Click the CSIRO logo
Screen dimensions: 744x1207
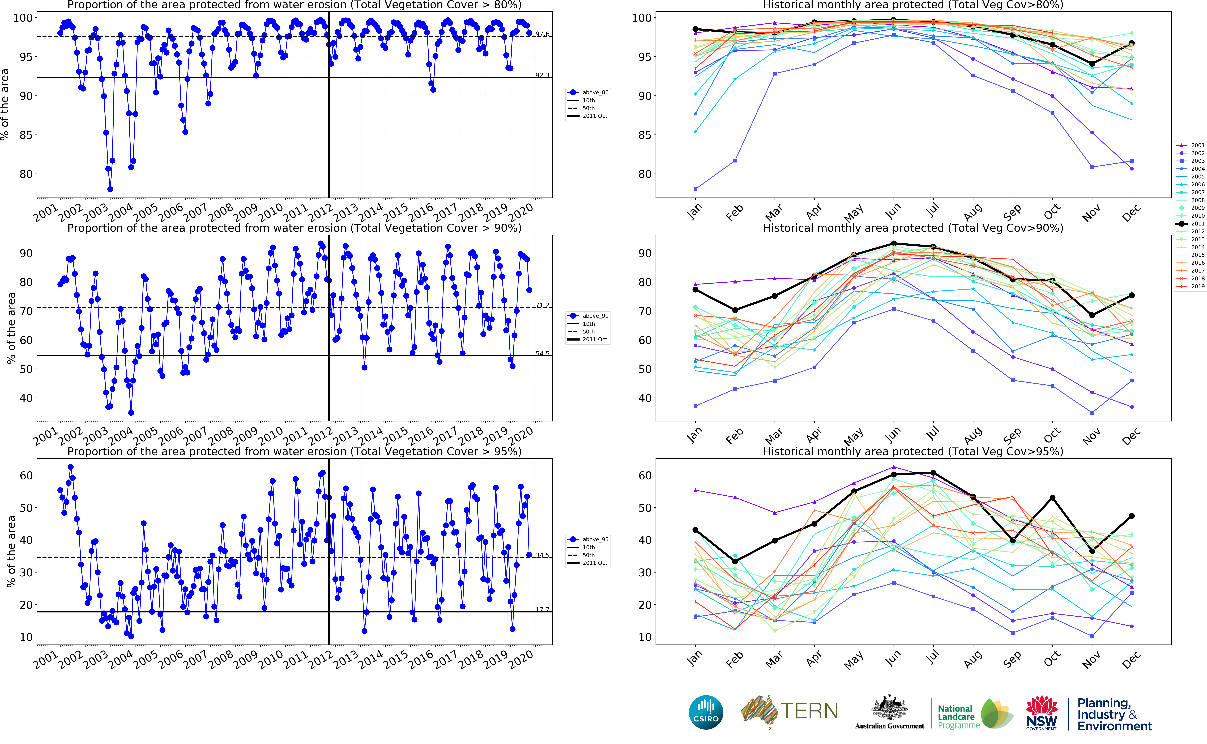706,712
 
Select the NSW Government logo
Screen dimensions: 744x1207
1041,712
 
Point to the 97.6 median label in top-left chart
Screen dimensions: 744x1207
542,34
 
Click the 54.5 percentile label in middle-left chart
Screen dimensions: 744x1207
542,353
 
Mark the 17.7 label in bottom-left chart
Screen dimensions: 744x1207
542,610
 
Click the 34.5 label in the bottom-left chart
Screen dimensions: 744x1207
542,555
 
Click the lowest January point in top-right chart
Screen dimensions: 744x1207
695,189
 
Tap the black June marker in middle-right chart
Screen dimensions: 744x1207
894,244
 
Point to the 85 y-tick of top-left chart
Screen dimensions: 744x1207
26,135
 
